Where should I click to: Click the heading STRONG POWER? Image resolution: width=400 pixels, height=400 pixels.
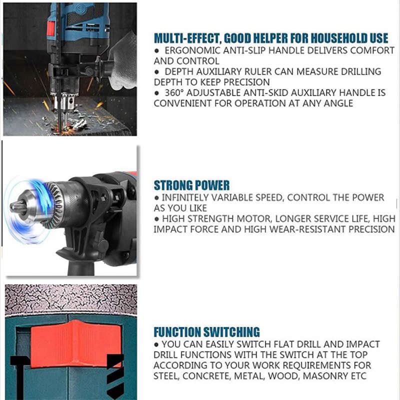tap(191, 185)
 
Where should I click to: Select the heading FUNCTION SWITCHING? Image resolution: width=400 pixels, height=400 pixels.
tap(206, 331)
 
